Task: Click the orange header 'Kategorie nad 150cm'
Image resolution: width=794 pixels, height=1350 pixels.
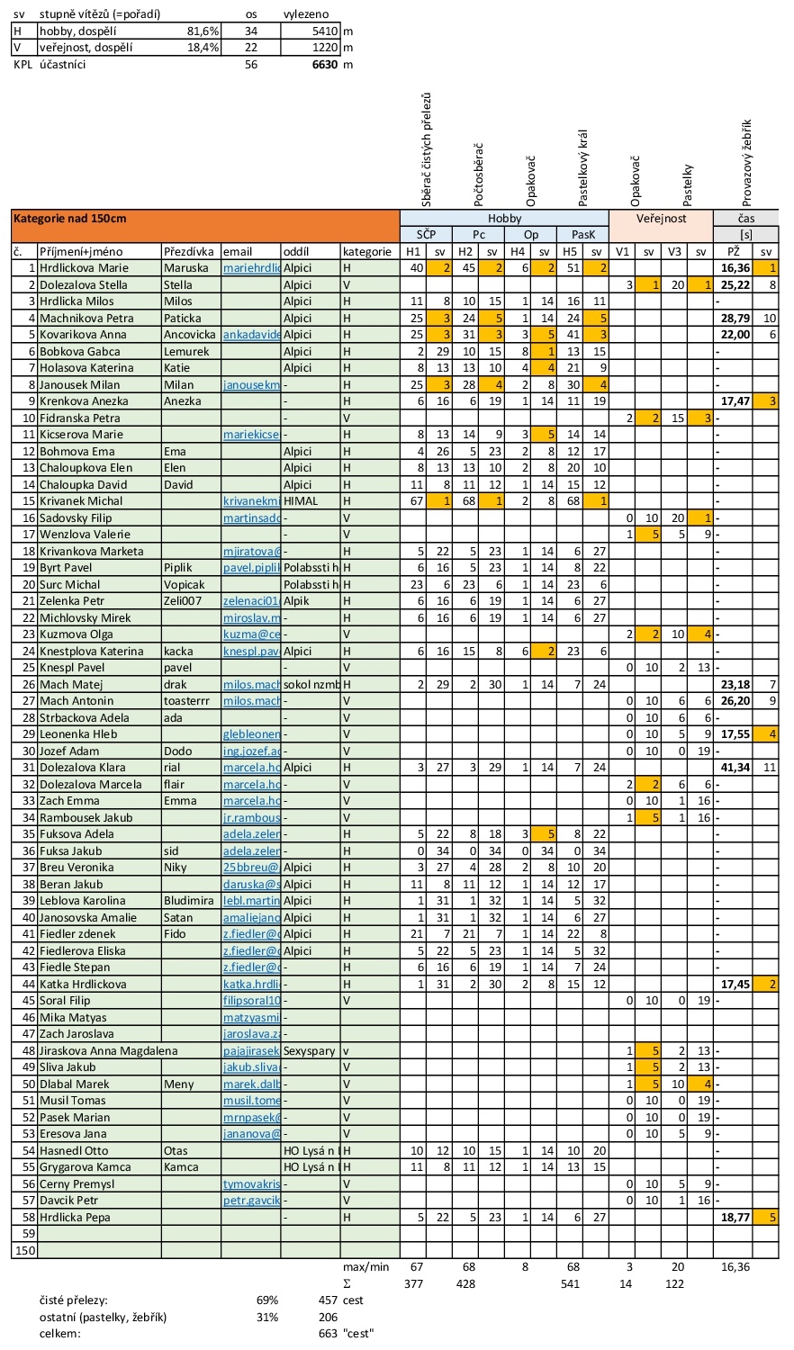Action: pos(69,218)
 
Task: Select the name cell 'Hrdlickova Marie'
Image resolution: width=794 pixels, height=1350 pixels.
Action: pos(84,268)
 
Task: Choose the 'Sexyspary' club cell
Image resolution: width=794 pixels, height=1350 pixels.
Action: pos(309,1050)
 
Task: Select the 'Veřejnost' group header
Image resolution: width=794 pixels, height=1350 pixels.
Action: pos(661,218)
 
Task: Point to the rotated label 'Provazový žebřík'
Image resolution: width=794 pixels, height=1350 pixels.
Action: pos(747,163)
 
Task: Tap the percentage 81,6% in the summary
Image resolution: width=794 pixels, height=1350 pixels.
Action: pos(203,31)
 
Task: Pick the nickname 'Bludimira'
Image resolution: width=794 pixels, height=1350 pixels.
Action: pos(189,901)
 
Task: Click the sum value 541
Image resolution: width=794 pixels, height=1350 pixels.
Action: pos(570,1283)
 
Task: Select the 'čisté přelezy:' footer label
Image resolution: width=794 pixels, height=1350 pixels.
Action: pos(74,1300)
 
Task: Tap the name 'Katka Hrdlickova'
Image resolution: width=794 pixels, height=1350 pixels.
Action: pos(83,985)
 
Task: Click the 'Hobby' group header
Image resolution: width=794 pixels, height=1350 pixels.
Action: pos(504,218)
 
